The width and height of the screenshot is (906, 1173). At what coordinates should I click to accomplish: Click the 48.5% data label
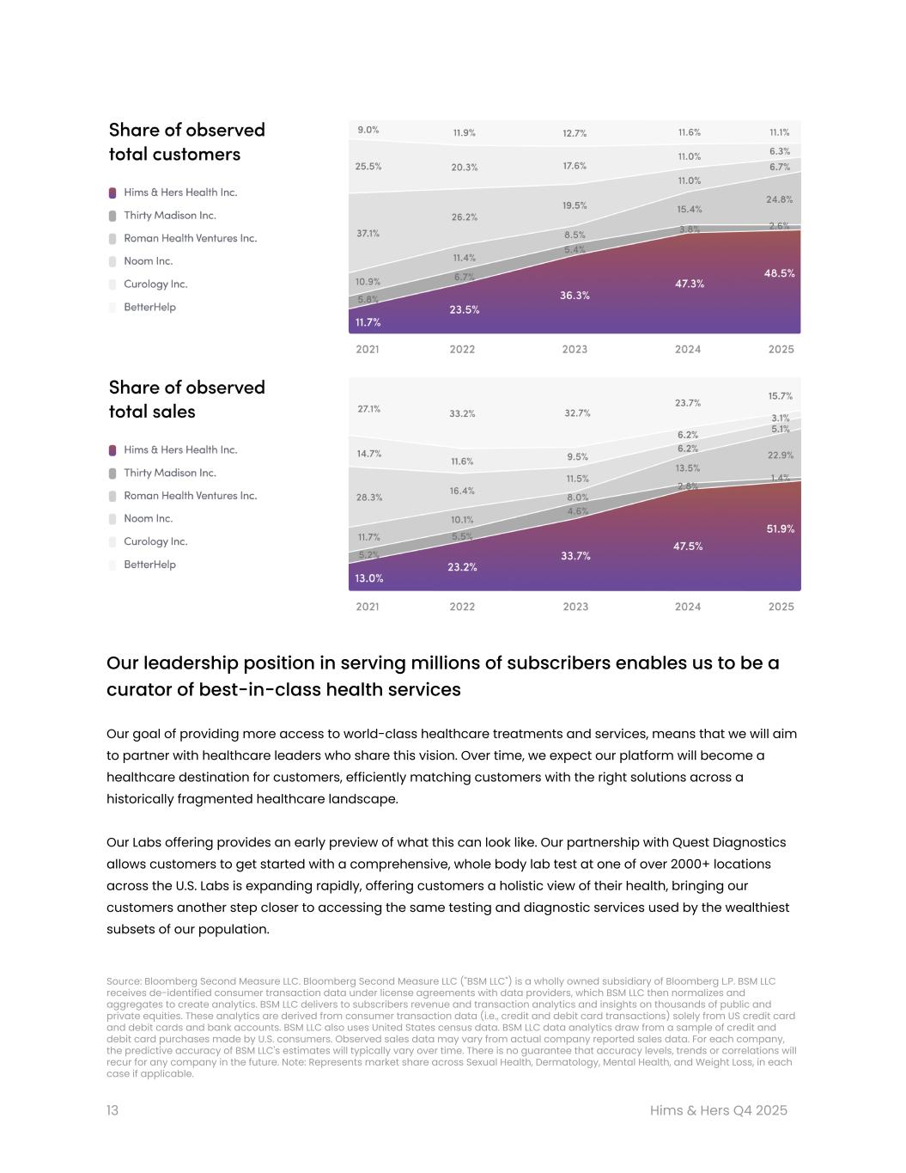(x=779, y=273)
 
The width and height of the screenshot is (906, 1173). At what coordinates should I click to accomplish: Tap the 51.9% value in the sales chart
(x=780, y=529)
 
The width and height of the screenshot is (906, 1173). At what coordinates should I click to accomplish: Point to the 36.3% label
(x=575, y=296)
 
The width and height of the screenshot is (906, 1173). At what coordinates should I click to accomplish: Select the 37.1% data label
(x=368, y=233)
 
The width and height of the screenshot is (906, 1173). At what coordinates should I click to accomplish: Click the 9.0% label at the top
(x=368, y=130)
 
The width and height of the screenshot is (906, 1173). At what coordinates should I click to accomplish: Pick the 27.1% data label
(x=368, y=409)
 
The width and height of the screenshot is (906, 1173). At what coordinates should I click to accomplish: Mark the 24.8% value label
(x=779, y=199)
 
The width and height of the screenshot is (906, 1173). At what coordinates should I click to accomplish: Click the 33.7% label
(x=575, y=556)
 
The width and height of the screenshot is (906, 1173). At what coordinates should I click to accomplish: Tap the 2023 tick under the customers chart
(x=575, y=349)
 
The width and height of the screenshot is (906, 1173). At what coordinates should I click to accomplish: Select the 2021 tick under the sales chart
(x=368, y=607)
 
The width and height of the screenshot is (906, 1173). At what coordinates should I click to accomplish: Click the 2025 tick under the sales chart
(x=781, y=607)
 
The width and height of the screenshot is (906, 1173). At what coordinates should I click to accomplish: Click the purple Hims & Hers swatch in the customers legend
(x=112, y=193)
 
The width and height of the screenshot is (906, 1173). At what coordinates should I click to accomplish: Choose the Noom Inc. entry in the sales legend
(x=148, y=518)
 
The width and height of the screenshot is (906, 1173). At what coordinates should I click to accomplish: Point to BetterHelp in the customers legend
(x=149, y=307)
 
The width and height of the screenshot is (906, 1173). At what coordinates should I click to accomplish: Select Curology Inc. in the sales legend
(x=155, y=541)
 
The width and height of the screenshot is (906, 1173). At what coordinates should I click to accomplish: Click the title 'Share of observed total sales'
(x=186, y=400)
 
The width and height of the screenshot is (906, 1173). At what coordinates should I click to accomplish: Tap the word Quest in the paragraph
(x=693, y=842)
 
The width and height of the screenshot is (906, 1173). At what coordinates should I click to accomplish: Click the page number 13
(x=112, y=1110)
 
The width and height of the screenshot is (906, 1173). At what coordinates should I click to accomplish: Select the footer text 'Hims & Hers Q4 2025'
(x=718, y=1110)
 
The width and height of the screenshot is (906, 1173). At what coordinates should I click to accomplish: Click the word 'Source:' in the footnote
(x=124, y=981)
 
